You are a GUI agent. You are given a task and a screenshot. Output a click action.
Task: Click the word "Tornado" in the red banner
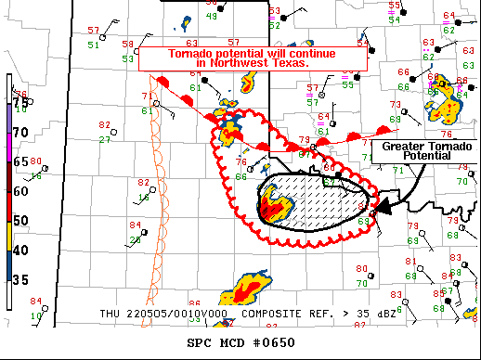pos(191,54)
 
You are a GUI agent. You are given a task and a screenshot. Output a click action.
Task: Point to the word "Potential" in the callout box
pos(422,157)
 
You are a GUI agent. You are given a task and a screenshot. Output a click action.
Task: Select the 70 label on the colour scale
pos(19,133)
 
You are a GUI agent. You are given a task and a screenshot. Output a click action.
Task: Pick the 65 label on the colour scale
pos(19,161)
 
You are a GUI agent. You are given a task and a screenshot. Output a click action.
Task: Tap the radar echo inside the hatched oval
pos(275,202)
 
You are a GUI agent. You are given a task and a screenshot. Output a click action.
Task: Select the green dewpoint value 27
pos(105,139)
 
